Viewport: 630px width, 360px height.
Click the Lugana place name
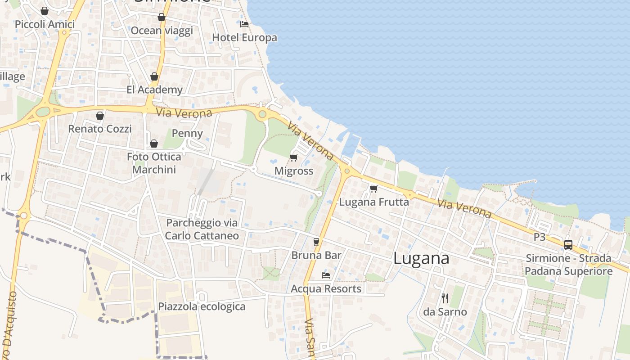click(421, 258)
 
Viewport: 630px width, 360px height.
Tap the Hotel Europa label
click(244, 37)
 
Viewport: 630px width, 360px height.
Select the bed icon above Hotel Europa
click(244, 24)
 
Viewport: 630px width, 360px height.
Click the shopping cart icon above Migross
click(294, 157)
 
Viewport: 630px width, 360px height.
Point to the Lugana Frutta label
click(374, 202)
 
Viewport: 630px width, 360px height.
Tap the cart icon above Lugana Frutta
click(373, 189)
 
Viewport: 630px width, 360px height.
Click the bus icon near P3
click(568, 245)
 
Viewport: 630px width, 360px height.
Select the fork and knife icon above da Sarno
click(445, 298)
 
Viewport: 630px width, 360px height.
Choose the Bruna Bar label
click(316, 255)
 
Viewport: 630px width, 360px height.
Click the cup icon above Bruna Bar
click(316, 242)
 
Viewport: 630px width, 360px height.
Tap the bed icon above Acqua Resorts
click(326, 275)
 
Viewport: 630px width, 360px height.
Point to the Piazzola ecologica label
click(202, 306)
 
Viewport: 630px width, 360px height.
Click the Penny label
click(187, 133)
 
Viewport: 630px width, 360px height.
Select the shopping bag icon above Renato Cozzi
click(100, 116)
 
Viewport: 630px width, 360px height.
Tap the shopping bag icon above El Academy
click(154, 76)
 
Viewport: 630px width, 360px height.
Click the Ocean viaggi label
click(162, 31)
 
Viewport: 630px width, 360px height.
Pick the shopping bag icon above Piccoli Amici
click(45, 11)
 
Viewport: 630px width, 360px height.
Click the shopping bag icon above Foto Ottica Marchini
click(154, 144)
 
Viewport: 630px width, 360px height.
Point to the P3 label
click(540, 237)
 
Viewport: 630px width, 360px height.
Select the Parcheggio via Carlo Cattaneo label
click(202, 229)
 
